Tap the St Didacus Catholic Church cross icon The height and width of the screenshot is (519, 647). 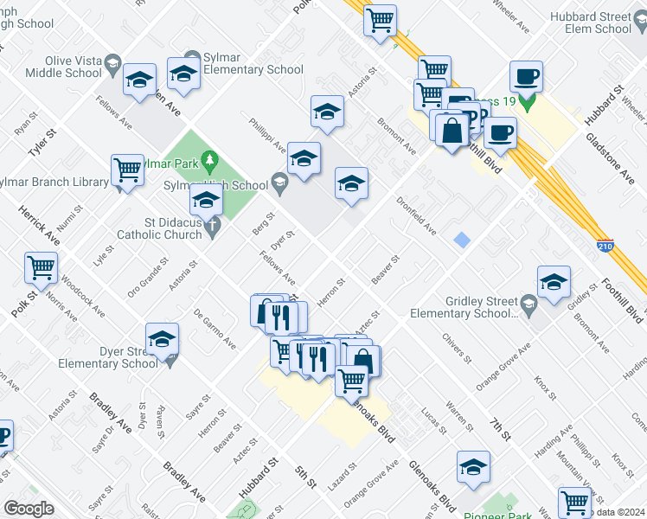(213, 227)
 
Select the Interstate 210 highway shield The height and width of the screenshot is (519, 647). (605, 247)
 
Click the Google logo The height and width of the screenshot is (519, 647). (29, 509)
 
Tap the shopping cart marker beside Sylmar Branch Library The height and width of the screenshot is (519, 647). (127, 170)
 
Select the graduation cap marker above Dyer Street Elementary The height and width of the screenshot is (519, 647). (162, 341)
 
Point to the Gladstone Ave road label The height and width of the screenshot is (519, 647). (611, 158)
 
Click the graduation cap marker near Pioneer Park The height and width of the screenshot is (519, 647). (473, 467)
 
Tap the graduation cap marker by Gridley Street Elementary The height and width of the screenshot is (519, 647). (554, 282)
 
